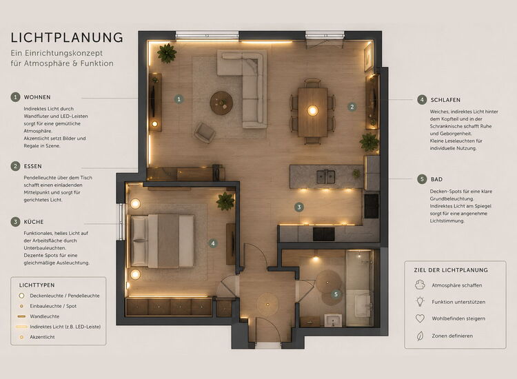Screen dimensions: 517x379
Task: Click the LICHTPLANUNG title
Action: pyautogui.click(x=67, y=38)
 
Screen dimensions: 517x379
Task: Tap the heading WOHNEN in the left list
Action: pyautogui.click(x=37, y=97)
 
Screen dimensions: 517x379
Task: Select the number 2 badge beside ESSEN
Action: pyautogui.click(x=15, y=166)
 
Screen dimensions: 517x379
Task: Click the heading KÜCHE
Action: pyautogui.click(x=34, y=222)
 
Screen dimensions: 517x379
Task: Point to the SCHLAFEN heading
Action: pyautogui.click(x=445, y=100)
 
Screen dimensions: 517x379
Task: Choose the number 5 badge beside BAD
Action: pyautogui.click(x=422, y=179)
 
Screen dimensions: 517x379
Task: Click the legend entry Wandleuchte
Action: pyautogui.click(x=45, y=316)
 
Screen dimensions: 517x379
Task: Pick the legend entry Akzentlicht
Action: pyautogui.click(x=42, y=337)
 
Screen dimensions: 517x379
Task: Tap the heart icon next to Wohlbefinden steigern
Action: pyautogui.click(x=420, y=318)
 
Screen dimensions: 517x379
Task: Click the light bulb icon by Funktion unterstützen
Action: pyautogui.click(x=420, y=301)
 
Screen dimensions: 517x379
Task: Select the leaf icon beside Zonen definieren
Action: pyautogui.click(x=420, y=336)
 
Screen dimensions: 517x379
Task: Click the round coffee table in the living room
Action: pyautogui.click(x=221, y=103)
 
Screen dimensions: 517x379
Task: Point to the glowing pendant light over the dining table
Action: pyautogui.click(x=312, y=110)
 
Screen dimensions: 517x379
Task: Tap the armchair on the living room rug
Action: pyautogui.click(x=205, y=132)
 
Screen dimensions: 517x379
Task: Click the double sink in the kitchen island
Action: pyautogui.click(x=326, y=177)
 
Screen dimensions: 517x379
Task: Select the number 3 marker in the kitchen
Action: pyautogui.click(x=299, y=207)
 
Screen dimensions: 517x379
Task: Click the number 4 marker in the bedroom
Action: pyautogui.click(x=213, y=243)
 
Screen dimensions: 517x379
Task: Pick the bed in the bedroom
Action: pyautogui.click(x=163, y=240)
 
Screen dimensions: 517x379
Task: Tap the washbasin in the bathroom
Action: pyautogui.click(x=333, y=320)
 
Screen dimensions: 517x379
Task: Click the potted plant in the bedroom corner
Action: pyautogui.click(x=225, y=201)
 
